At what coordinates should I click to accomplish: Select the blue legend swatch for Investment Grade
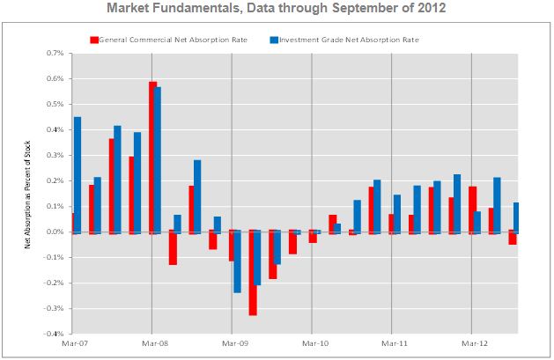point(274,40)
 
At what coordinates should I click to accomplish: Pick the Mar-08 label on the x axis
point(153,344)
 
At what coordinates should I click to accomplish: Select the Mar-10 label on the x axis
point(313,344)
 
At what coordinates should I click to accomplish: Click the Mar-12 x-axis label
point(473,344)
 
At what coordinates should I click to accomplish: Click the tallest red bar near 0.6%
point(153,157)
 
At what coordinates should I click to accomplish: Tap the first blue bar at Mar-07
point(78,174)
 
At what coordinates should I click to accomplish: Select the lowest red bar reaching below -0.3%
point(253,273)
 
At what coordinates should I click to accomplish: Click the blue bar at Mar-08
point(159,159)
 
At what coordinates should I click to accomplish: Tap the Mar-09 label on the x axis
point(233,344)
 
